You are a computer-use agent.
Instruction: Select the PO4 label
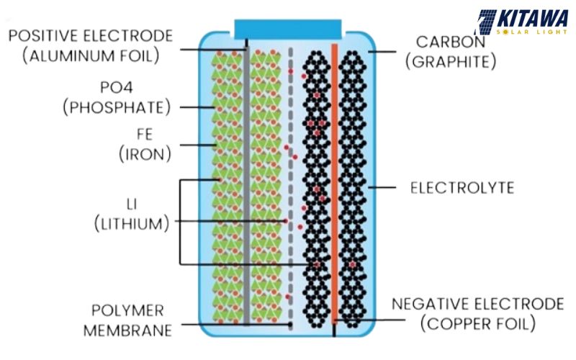click(x=116, y=88)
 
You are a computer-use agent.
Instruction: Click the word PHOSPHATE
click(x=116, y=108)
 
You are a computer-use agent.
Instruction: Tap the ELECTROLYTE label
click(x=462, y=189)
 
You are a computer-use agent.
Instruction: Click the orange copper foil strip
click(x=334, y=180)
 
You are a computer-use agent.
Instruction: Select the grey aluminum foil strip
click(x=246, y=180)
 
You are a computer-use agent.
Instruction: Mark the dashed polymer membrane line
click(x=290, y=180)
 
